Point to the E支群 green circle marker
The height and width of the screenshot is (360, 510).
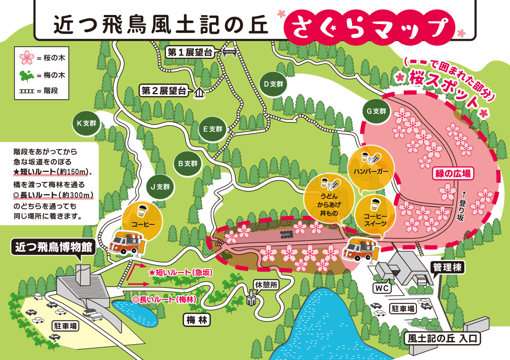(212, 129)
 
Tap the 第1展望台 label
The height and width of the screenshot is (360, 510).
(190, 52)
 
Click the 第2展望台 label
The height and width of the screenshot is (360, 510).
(164, 91)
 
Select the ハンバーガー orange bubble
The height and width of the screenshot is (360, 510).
(372, 167)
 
